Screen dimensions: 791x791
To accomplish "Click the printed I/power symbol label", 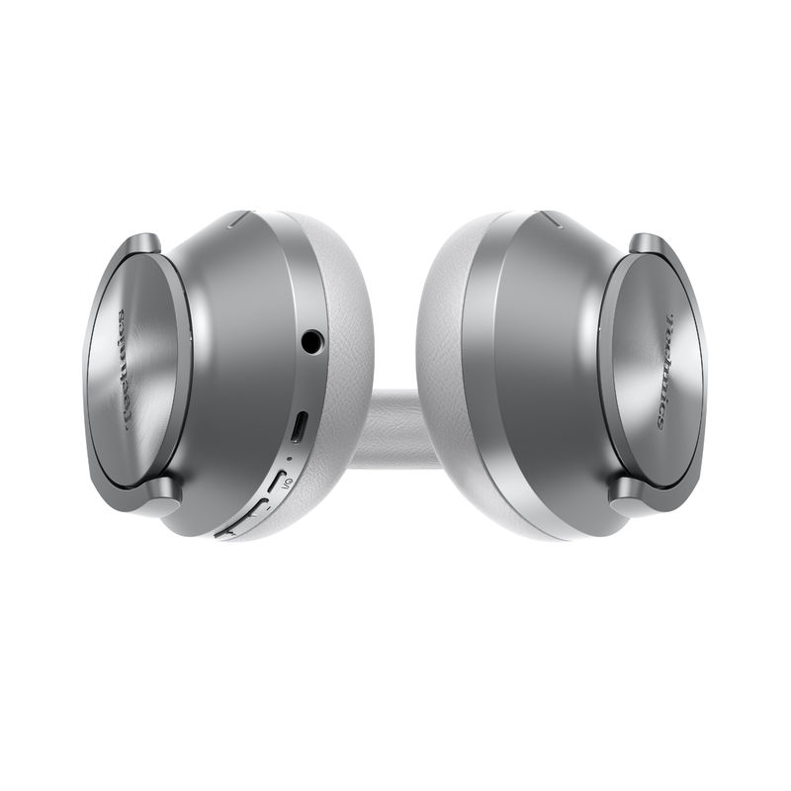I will click(286, 482).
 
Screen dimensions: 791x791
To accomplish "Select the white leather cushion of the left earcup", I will click(341, 297).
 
